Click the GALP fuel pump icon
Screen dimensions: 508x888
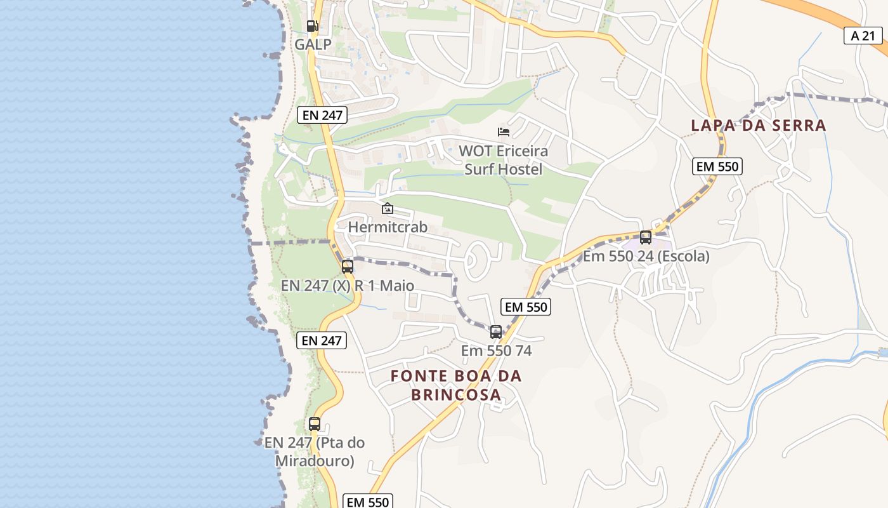[312, 26]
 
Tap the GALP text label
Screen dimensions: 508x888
[313, 44]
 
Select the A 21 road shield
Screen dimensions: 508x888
[863, 36]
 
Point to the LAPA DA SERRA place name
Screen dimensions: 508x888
[758, 125]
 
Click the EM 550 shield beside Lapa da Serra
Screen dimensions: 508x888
[717, 166]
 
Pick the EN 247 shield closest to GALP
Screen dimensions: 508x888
[322, 115]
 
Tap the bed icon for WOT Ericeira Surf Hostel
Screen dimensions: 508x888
[504, 132]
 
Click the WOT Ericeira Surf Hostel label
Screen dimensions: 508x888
[504, 160]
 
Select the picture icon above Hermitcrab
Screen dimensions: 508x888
[387, 208]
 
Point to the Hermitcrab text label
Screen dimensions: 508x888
[388, 227]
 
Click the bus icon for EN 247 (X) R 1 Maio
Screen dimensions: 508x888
[348, 267]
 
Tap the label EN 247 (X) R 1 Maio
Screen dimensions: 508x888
[348, 286]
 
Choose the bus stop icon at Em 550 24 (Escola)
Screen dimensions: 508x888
[646, 237]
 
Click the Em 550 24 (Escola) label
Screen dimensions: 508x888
[646, 257]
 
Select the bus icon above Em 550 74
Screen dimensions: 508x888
[496, 332]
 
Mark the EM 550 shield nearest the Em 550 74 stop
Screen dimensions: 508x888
[525, 307]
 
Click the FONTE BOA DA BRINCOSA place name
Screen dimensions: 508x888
[456, 385]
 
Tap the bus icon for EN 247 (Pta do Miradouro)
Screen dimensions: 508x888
[315, 424]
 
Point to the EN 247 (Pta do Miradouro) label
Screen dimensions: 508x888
[315, 451]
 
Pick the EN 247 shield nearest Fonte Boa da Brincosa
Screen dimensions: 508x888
[322, 340]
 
